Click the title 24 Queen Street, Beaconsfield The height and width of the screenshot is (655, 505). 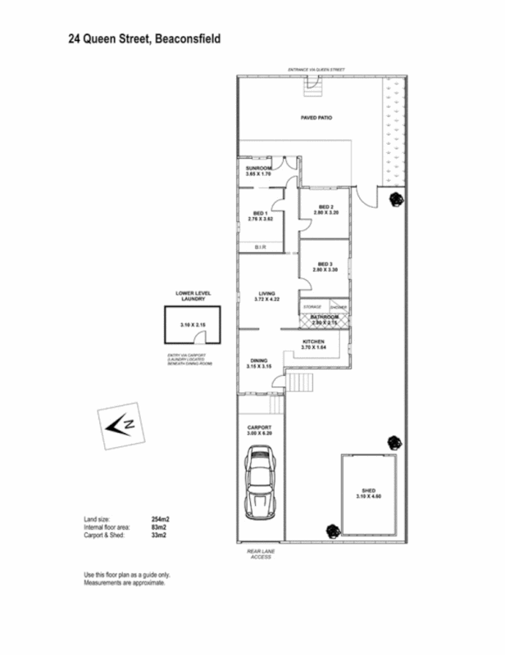tap(144, 38)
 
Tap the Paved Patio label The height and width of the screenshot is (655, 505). tap(316, 118)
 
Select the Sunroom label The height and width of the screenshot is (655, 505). tap(257, 168)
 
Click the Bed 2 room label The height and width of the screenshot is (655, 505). tap(325, 207)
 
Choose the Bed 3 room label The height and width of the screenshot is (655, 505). tap(325, 264)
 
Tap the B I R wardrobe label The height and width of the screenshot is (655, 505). tap(261, 246)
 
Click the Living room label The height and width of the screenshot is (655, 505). tap(266, 293)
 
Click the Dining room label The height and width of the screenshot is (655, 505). tap(259, 361)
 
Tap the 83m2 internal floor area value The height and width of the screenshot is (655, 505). tap(158, 527)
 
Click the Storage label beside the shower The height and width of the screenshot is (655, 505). tap(312, 306)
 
